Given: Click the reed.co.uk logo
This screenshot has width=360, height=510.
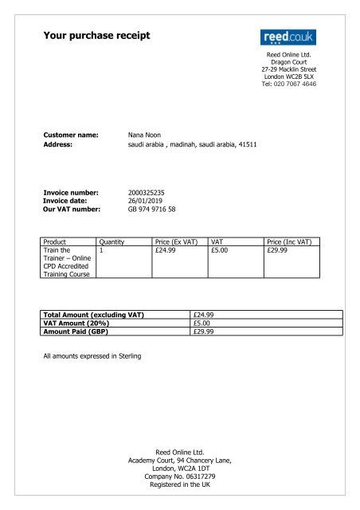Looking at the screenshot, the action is point(288,37).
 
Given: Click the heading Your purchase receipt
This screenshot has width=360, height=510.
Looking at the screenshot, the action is point(96,35).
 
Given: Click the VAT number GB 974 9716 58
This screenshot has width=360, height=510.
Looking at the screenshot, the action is point(152,210).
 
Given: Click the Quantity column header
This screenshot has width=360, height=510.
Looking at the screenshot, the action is point(111,241).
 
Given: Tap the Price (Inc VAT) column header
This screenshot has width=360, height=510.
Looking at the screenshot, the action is point(292,241).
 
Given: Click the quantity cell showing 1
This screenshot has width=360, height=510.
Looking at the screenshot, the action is point(101,249).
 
